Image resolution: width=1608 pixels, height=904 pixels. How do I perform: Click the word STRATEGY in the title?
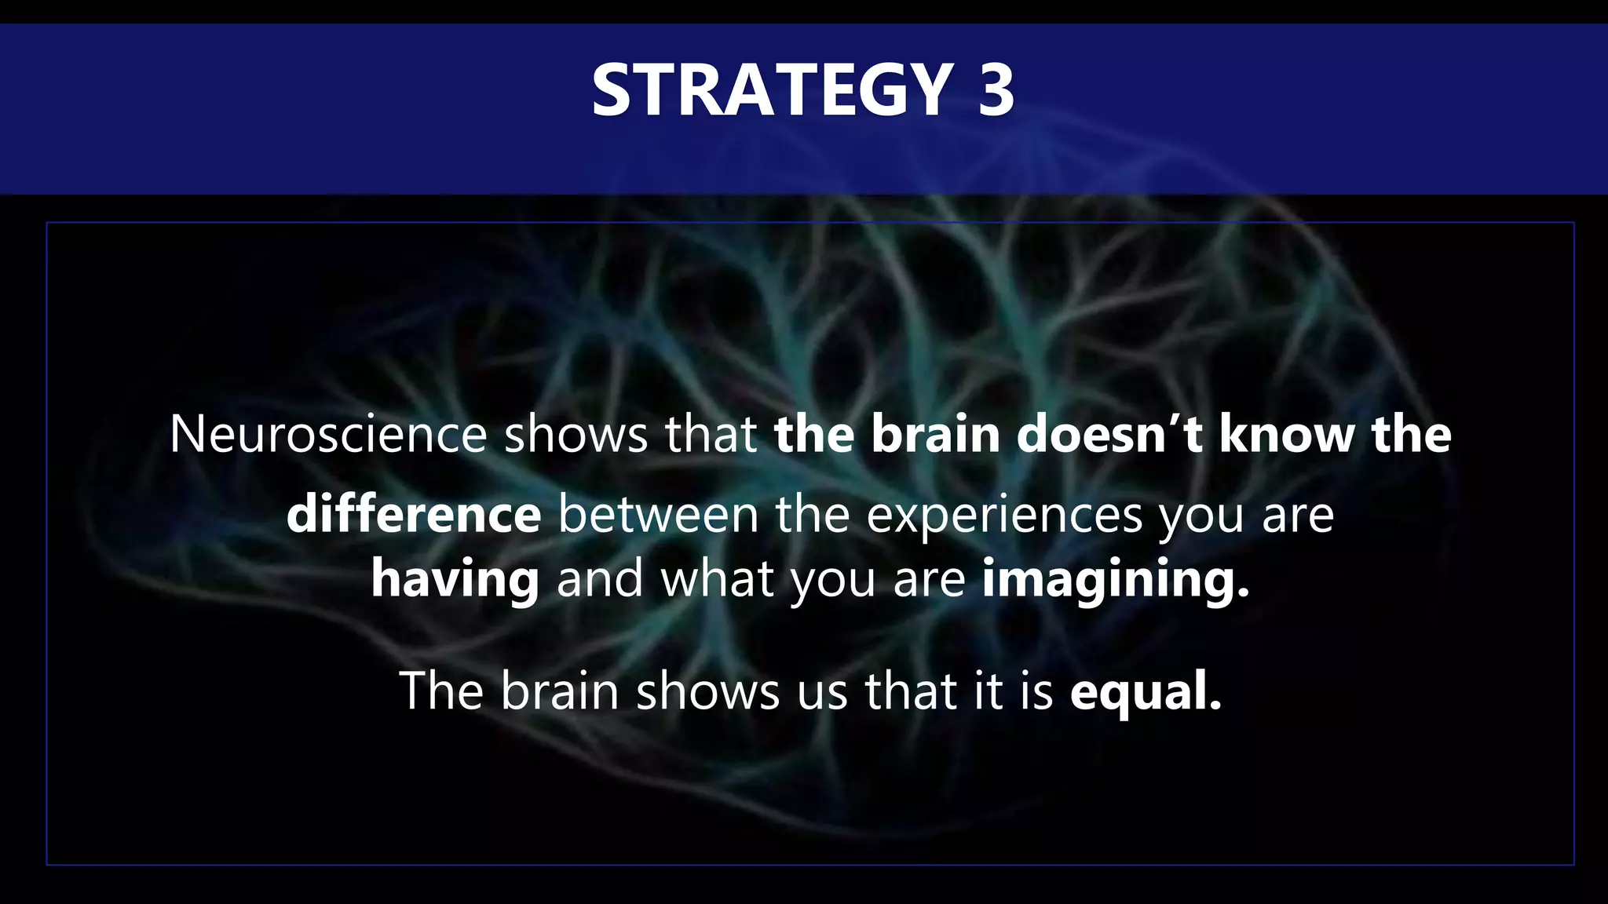772,90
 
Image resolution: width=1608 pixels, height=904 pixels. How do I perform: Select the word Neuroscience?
328,434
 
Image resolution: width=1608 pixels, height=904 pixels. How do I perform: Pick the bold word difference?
414,515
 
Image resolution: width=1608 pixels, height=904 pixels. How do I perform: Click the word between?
658,515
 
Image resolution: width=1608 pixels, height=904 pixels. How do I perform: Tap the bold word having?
455,579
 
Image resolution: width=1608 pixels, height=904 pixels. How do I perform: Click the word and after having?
600,579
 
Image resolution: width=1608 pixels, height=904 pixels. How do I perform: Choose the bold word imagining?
1115,579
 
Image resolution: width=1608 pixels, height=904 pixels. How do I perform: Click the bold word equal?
1146,691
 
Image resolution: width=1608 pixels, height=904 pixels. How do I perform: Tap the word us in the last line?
822,691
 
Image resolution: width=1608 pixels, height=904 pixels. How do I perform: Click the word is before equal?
1036,691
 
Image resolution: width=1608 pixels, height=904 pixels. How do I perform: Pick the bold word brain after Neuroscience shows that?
935,434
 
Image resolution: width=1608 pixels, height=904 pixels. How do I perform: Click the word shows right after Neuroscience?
576,434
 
